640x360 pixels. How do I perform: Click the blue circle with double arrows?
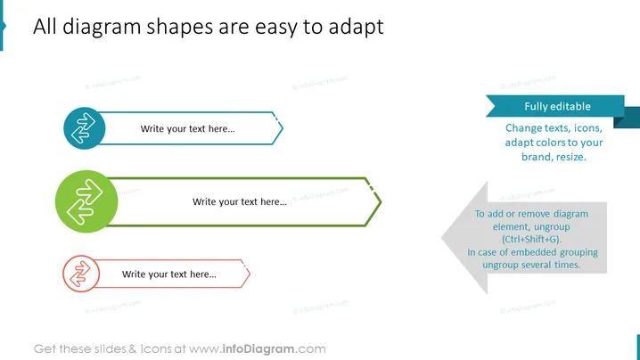(x=85, y=128)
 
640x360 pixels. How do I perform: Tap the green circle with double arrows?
(x=86, y=201)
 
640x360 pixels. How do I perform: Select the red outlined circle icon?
(x=81, y=274)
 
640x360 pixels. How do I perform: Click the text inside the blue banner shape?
(x=188, y=129)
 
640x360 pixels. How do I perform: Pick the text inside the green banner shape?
(x=240, y=201)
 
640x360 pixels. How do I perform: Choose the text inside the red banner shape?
(x=169, y=274)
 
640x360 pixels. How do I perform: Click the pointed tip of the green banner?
(x=382, y=201)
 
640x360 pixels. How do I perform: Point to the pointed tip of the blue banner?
(x=283, y=128)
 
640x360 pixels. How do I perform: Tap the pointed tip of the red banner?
(x=250, y=274)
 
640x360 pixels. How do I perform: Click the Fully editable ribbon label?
(x=558, y=107)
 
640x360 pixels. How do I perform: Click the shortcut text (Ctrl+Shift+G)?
(x=531, y=239)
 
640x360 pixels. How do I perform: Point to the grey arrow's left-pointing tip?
(x=442, y=238)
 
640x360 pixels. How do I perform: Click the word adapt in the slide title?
(x=356, y=28)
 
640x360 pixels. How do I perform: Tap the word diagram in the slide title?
(x=102, y=28)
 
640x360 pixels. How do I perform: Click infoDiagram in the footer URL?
(x=258, y=349)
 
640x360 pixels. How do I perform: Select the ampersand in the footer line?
(x=133, y=349)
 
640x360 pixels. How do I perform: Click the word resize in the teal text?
(x=571, y=157)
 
